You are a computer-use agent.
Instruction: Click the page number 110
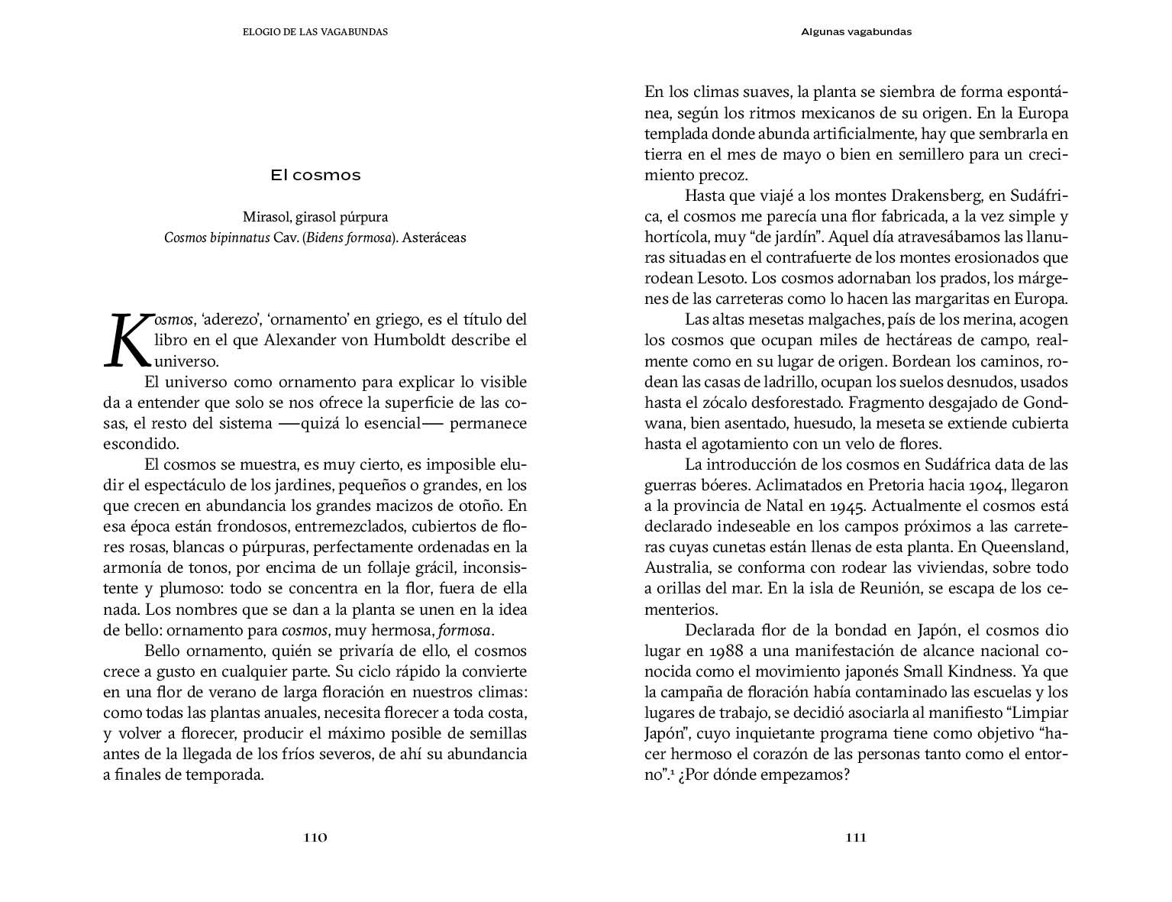[x=315, y=837]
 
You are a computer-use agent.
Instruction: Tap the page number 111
[x=856, y=837]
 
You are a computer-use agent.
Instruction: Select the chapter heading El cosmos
[x=315, y=175]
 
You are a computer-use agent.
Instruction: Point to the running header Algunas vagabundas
[x=857, y=32]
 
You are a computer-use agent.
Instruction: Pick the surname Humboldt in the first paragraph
[x=408, y=340]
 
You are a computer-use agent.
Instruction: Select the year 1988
[x=728, y=651]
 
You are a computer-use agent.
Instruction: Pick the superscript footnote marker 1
[x=672, y=771]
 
